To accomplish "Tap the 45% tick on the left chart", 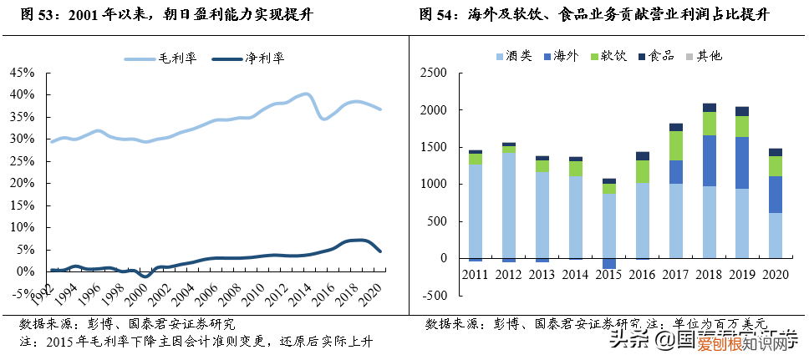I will tap(22, 74).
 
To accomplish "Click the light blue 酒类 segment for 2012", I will tap(509, 205).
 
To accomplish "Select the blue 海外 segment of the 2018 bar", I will tap(710, 160).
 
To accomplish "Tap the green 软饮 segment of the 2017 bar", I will tap(676, 145).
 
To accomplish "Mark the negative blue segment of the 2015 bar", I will tap(609, 263).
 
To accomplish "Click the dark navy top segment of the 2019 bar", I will tap(743, 111).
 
